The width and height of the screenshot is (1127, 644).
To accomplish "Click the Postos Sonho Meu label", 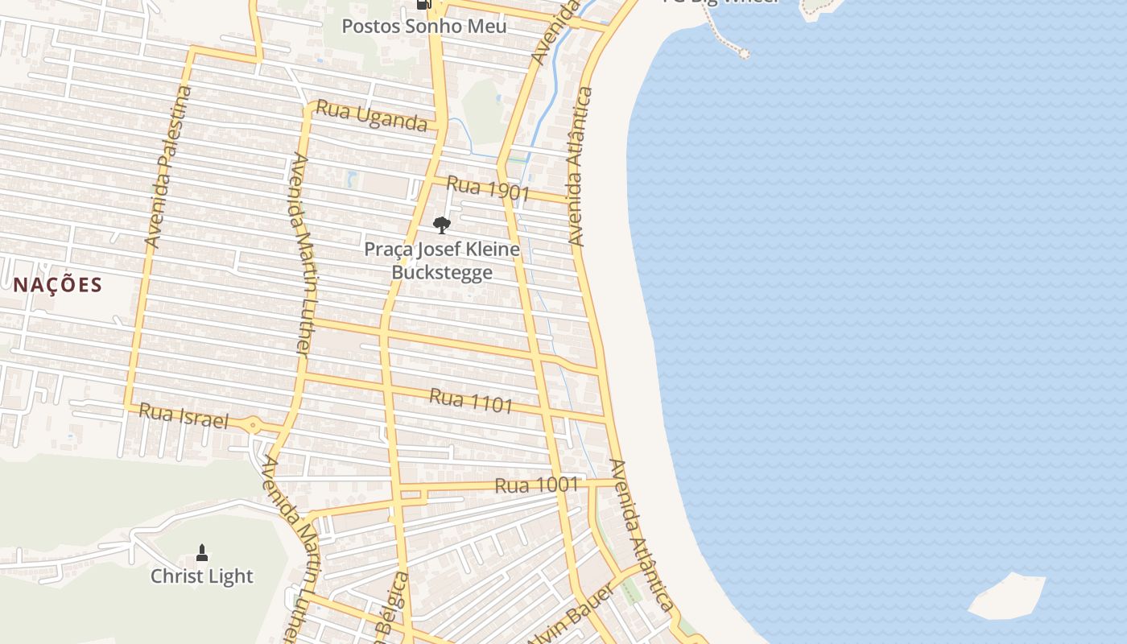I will (424, 26).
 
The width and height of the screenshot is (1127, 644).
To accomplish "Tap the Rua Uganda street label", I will (371, 116).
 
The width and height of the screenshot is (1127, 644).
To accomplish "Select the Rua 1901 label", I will (488, 188).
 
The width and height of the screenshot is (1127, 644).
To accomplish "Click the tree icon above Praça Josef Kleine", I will (441, 225).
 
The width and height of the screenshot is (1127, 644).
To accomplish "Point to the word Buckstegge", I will (442, 272).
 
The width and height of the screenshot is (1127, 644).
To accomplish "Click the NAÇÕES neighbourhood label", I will (58, 284).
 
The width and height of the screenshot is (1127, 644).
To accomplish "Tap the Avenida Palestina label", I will (169, 166).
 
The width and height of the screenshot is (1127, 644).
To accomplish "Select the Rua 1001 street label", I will (536, 485).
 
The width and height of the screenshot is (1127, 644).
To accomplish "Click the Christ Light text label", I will (202, 576).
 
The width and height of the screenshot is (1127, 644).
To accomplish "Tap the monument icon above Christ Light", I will (202, 552).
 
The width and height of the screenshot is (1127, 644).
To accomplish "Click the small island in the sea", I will (1006, 597).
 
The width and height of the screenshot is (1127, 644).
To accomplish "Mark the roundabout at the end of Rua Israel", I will (253, 424).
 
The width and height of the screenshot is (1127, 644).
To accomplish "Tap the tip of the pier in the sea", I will (744, 54).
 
